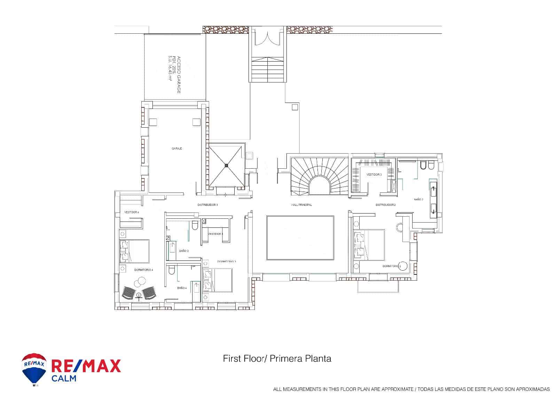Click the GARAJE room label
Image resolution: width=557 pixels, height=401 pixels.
tap(177, 149)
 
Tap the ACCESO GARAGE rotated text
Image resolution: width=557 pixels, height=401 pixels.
tap(174, 74)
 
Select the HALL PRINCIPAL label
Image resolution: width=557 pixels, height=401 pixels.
tap(301, 205)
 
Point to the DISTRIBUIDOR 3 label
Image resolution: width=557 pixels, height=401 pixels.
tap(207, 205)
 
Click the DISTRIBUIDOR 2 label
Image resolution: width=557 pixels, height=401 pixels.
tap(385, 205)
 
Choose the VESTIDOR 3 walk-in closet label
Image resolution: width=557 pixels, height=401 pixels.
tap(374, 175)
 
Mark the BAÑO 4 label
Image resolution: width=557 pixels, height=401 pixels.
tap(182, 288)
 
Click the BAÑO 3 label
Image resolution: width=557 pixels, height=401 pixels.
tap(184, 250)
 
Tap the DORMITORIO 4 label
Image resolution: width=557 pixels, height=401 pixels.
tap(143, 270)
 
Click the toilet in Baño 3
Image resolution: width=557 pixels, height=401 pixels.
tap(195, 225)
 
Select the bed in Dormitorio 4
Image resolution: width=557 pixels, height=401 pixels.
tap(135, 251)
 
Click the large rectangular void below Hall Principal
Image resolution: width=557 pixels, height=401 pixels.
tap(300, 238)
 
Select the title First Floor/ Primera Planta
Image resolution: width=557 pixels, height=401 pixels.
tap(277, 359)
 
